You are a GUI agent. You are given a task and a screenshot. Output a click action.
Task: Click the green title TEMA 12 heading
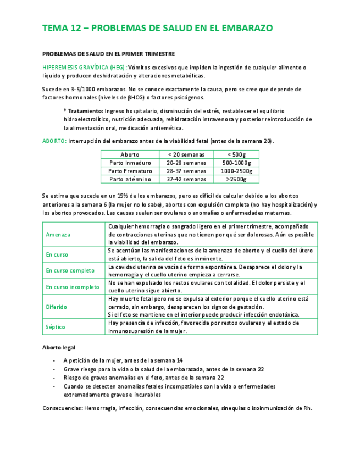coord(157,29)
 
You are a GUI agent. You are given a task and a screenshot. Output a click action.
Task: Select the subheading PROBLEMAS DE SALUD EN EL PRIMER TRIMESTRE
coord(108,54)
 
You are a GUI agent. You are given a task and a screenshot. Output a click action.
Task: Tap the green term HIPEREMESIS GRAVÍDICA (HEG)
coord(84,68)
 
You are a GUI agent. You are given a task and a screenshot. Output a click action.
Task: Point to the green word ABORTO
coord(54,141)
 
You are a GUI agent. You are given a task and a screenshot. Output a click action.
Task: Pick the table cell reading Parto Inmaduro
coord(130,163)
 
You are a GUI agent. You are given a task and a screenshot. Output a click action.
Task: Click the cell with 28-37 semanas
coord(186,171)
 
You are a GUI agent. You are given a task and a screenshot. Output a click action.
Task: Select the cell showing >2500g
coord(236,179)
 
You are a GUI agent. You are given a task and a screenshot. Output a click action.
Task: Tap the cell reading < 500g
coord(236,154)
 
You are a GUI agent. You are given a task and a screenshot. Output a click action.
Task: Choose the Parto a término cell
coord(130,179)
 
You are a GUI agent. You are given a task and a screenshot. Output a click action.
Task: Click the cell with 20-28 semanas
coord(186,163)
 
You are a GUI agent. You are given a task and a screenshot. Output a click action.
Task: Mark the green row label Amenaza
coord(58,235)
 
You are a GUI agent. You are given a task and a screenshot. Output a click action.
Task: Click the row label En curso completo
coord(70,270)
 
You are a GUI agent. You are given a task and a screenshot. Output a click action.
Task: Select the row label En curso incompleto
coord(73,287)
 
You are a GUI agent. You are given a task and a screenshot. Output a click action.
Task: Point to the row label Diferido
coord(57,307)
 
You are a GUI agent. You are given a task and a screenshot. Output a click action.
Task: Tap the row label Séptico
coord(56,327)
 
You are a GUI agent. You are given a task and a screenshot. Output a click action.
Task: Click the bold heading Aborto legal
coord(59,348)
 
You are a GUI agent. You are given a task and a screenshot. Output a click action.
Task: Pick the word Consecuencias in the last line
coord(62,408)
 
